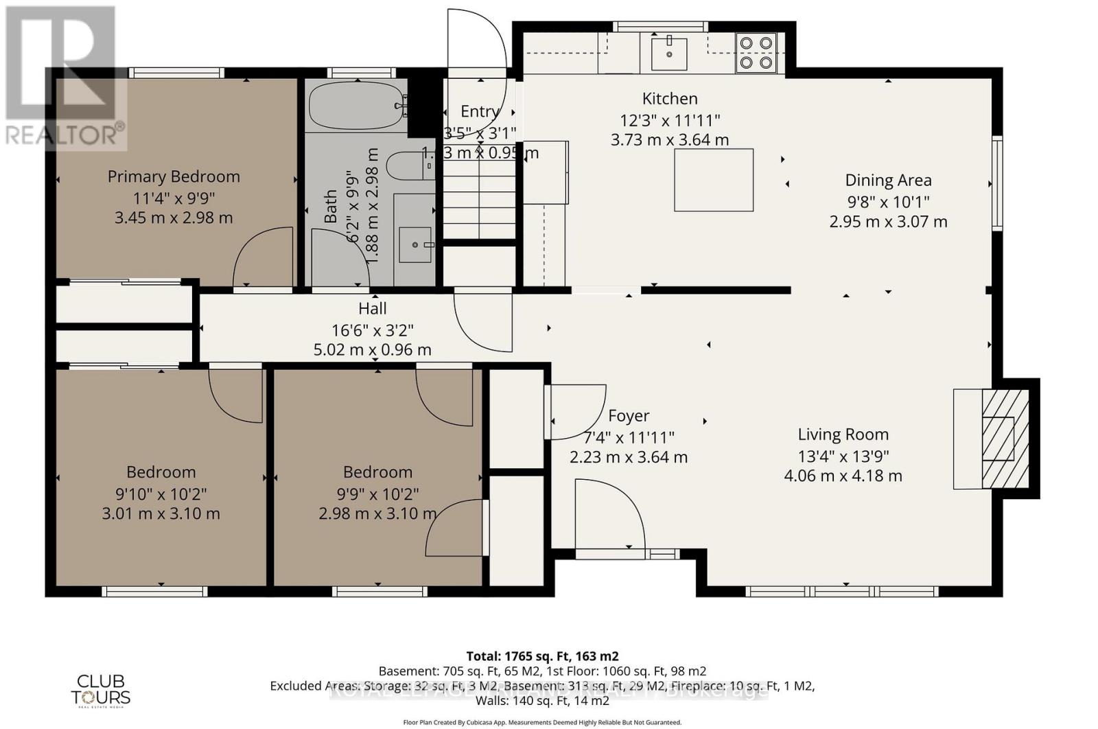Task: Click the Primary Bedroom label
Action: click(174, 176)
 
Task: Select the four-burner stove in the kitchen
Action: click(756, 53)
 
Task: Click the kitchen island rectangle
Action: click(714, 180)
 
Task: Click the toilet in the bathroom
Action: click(409, 166)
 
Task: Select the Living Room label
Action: click(843, 435)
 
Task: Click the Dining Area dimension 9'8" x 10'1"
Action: click(888, 202)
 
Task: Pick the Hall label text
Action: click(373, 309)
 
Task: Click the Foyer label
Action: click(629, 416)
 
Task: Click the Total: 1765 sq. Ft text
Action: click(542, 656)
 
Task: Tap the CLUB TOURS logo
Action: click(101, 689)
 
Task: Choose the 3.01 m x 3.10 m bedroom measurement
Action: click(161, 513)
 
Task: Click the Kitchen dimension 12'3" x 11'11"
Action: click(670, 120)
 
